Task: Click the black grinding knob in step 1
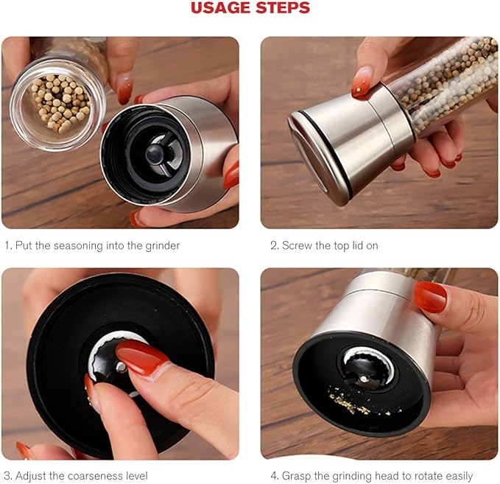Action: pyautogui.click(x=155, y=153)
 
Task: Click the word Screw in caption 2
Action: pyautogui.click(x=297, y=245)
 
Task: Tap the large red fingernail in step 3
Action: pyautogui.click(x=141, y=358)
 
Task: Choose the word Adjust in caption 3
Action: pyautogui.click(x=32, y=476)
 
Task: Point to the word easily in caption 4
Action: pyautogui.click(x=455, y=476)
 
